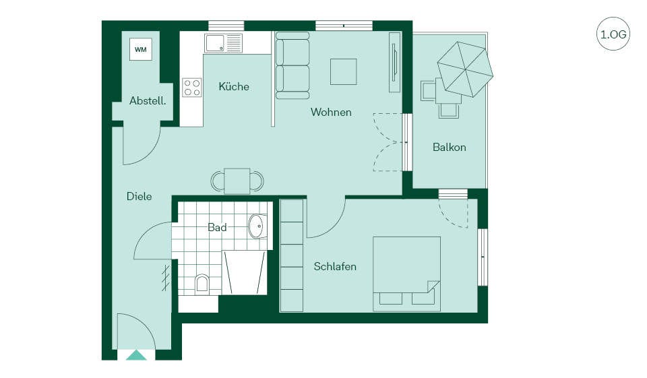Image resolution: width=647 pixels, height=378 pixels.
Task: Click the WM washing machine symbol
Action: coord(141,49)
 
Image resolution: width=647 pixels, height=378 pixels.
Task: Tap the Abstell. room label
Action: coord(148,100)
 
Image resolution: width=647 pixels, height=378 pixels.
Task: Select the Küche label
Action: coord(234,86)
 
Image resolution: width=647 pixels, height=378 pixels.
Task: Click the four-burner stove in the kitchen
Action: coord(192,88)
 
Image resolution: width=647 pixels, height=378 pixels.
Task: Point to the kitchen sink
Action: coord(223,43)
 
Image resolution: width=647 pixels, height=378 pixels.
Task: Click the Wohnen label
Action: coord(331,113)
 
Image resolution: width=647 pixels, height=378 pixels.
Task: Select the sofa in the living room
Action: coord(292,65)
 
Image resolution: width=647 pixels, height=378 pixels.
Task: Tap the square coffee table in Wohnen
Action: coord(343,72)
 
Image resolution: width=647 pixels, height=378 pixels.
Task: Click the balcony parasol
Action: coord(465,69)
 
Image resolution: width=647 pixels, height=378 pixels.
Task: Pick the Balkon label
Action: coord(450,148)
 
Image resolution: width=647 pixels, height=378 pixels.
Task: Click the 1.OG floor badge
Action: coord(613,34)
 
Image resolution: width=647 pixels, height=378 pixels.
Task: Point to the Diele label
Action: coord(139,197)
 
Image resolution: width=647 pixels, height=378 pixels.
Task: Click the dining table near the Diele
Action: coord(237,181)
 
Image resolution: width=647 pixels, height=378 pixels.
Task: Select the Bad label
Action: coord(217,227)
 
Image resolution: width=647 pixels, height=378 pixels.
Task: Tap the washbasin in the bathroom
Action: coord(258,226)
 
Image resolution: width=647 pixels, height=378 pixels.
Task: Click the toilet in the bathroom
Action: coord(202,283)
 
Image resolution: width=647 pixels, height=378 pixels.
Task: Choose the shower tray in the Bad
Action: coord(244,272)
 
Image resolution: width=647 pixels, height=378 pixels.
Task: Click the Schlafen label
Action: coord(335,267)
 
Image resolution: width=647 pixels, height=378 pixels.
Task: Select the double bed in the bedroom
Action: coord(407,274)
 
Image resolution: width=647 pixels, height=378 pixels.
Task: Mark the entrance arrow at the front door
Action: coord(136,355)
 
